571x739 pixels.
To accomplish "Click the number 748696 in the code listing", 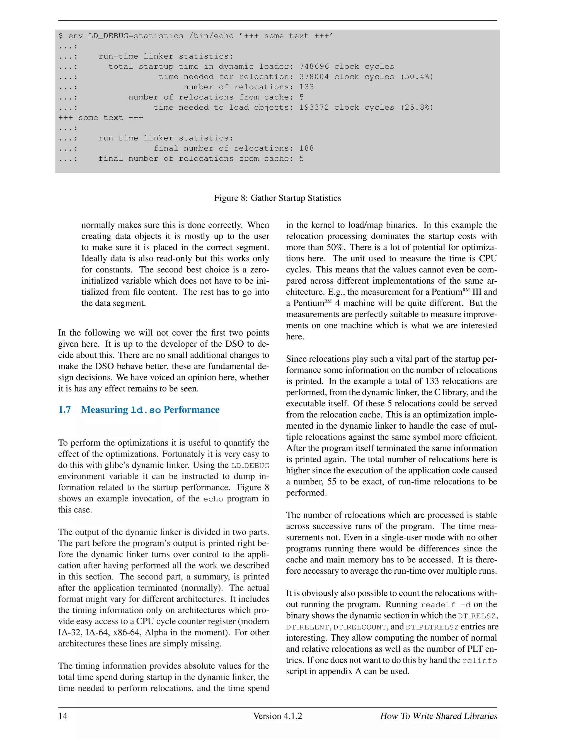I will point(314,67).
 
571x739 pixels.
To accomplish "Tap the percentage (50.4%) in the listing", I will point(417,77).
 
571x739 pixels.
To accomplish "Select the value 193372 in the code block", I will point(314,108).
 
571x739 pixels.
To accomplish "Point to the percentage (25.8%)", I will point(417,108).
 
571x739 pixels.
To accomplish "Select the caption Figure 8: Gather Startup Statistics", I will point(277,198).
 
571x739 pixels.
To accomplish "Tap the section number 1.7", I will point(64,410).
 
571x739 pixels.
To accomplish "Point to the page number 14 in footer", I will point(63,716).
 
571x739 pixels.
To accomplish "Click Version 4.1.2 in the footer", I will point(277,716).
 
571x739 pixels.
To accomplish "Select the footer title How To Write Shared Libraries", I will point(438,716).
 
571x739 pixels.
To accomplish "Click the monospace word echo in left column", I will point(213,499).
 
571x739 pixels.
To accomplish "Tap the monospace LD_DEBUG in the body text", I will point(250,466).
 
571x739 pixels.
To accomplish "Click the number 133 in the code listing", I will point(306,87).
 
